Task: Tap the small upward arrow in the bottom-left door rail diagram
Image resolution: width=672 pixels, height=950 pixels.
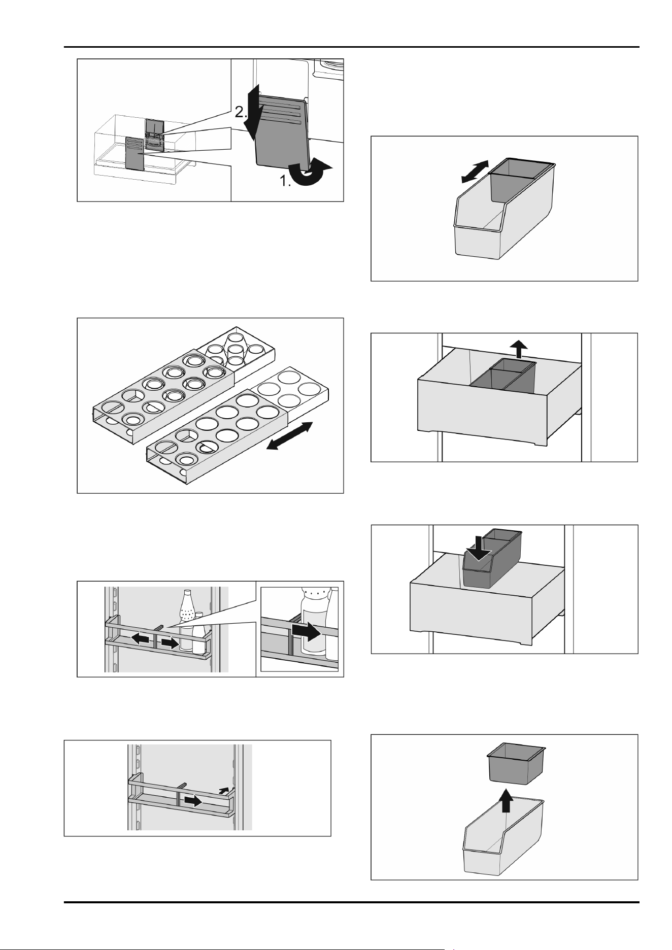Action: (x=223, y=790)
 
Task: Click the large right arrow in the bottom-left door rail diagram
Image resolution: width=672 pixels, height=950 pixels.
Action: (x=192, y=801)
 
